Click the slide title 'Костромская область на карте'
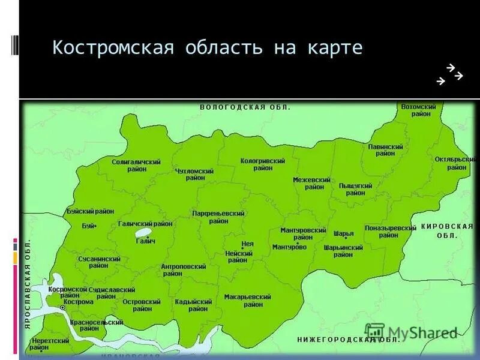coord(208,48)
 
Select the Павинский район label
coord(385,150)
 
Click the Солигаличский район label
coord(136,166)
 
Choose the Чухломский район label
coord(194,174)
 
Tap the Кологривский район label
coord(262,164)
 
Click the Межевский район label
coord(311,183)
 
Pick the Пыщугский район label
coord(355,189)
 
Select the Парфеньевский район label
coord(218,217)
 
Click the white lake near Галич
coord(143,233)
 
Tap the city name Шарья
coord(343,233)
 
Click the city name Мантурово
coord(289,247)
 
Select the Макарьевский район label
coord(248,301)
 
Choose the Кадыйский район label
coord(194,305)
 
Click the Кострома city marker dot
coord(62,307)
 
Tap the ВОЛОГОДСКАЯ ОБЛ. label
coord(245,107)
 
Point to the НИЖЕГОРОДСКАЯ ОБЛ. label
coord(348,340)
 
